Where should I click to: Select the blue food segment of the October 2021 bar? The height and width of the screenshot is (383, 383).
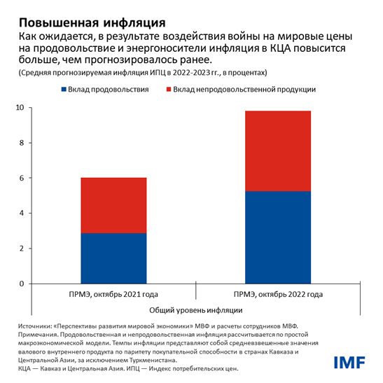113,258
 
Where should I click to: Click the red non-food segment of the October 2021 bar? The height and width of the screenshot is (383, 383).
113,205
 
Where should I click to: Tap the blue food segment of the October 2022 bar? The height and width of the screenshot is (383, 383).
278,237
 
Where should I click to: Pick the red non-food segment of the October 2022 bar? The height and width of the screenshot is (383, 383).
278,151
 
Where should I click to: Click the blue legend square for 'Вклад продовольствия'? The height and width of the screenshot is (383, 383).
65,90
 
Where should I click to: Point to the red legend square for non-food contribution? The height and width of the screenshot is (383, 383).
167,90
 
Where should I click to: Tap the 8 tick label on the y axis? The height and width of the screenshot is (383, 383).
22,143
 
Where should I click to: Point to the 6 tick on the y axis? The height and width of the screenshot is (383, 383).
22,178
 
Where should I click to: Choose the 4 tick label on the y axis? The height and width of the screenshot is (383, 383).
22,213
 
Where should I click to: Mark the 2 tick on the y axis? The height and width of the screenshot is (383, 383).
22,249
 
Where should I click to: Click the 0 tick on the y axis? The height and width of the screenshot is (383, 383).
22,284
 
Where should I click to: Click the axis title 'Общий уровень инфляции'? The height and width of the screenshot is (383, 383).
196,309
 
